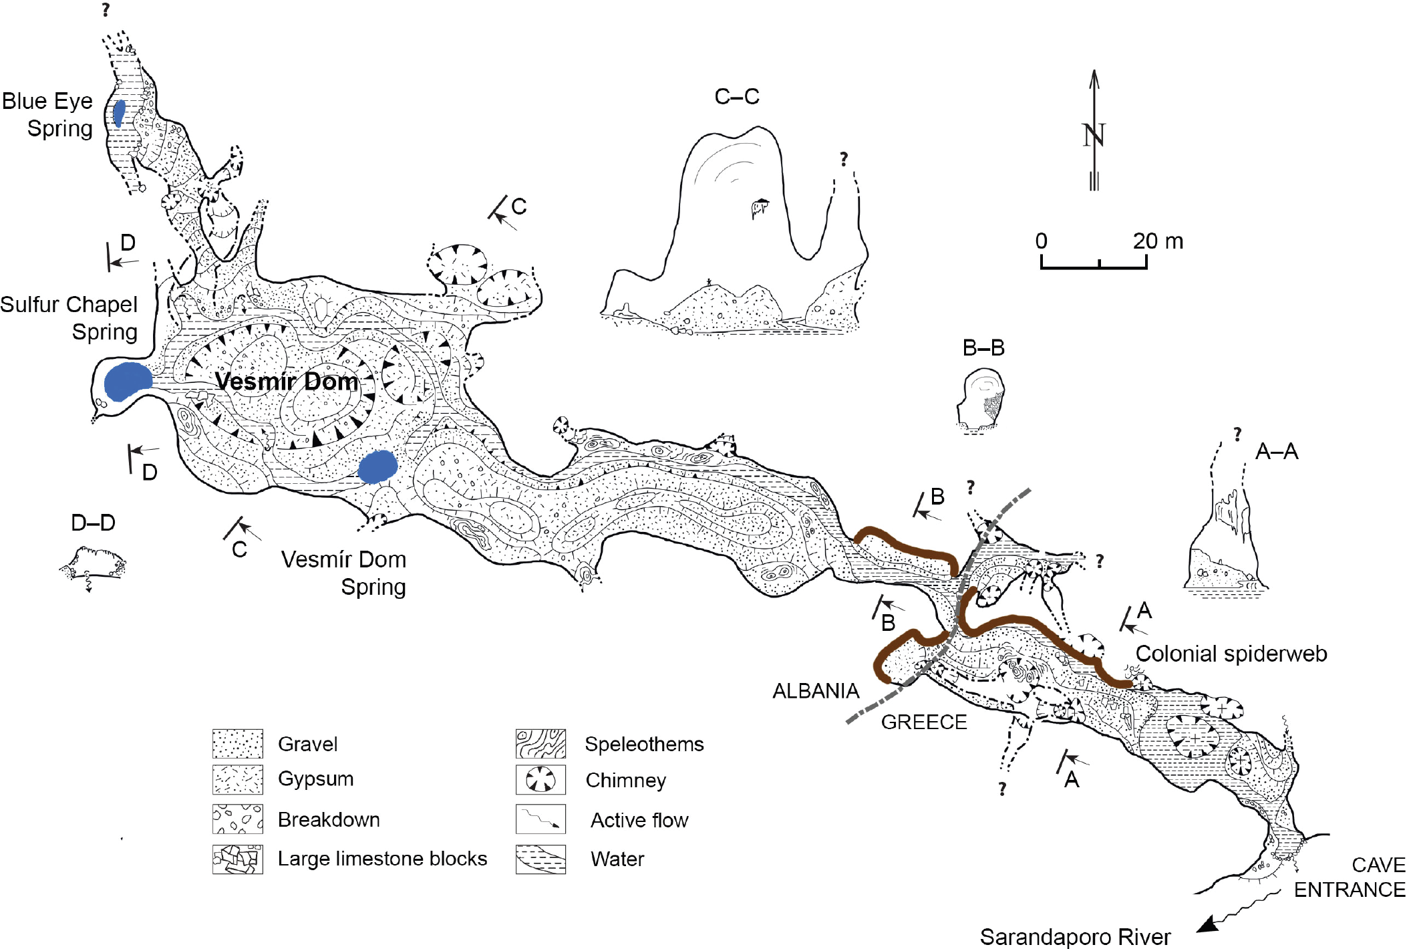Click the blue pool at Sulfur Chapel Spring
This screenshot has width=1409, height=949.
(x=128, y=382)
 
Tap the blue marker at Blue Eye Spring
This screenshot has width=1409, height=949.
(x=119, y=113)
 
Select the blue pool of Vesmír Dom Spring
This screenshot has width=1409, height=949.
(x=377, y=466)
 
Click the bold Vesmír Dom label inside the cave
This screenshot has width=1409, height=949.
(x=287, y=382)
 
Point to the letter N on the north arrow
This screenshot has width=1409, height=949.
(x=1094, y=136)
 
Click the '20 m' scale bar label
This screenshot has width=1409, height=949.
(x=1157, y=241)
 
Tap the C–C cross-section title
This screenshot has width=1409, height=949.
(x=736, y=97)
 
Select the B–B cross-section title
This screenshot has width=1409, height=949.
(x=983, y=348)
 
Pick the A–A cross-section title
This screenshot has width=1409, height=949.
(x=1276, y=452)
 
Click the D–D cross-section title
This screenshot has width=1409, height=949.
(x=93, y=523)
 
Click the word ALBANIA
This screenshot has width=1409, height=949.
(x=815, y=691)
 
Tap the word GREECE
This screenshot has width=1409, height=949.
(x=923, y=722)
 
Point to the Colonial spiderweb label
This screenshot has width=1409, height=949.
(x=1231, y=654)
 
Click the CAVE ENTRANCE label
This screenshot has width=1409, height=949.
(x=1350, y=877)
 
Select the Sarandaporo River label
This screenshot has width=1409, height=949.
(x=1075, y=937)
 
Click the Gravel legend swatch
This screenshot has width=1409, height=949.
(x=237, y=744)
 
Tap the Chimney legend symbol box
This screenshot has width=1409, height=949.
(x=540, y=780)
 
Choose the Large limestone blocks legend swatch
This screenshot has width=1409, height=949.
(x=237, y=859)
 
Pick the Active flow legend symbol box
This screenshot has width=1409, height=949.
(x=540, y=819)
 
